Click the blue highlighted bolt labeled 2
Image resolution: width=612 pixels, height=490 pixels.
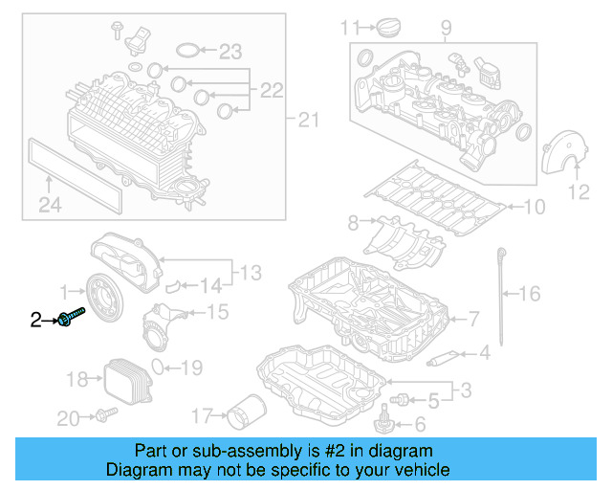pos(72,317)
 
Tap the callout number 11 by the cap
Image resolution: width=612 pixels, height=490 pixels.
pos(350,25)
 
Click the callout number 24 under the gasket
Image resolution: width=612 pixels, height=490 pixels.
pos(50,203)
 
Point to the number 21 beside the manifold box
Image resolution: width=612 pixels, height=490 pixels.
pos(306,120)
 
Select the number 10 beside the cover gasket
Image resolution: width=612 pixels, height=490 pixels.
pos(533,206)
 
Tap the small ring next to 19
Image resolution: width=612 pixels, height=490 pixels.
pos(167,367)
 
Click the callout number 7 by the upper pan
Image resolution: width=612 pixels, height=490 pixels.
pos(472,320)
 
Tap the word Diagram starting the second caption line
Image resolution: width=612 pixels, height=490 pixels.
pos(141,470)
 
